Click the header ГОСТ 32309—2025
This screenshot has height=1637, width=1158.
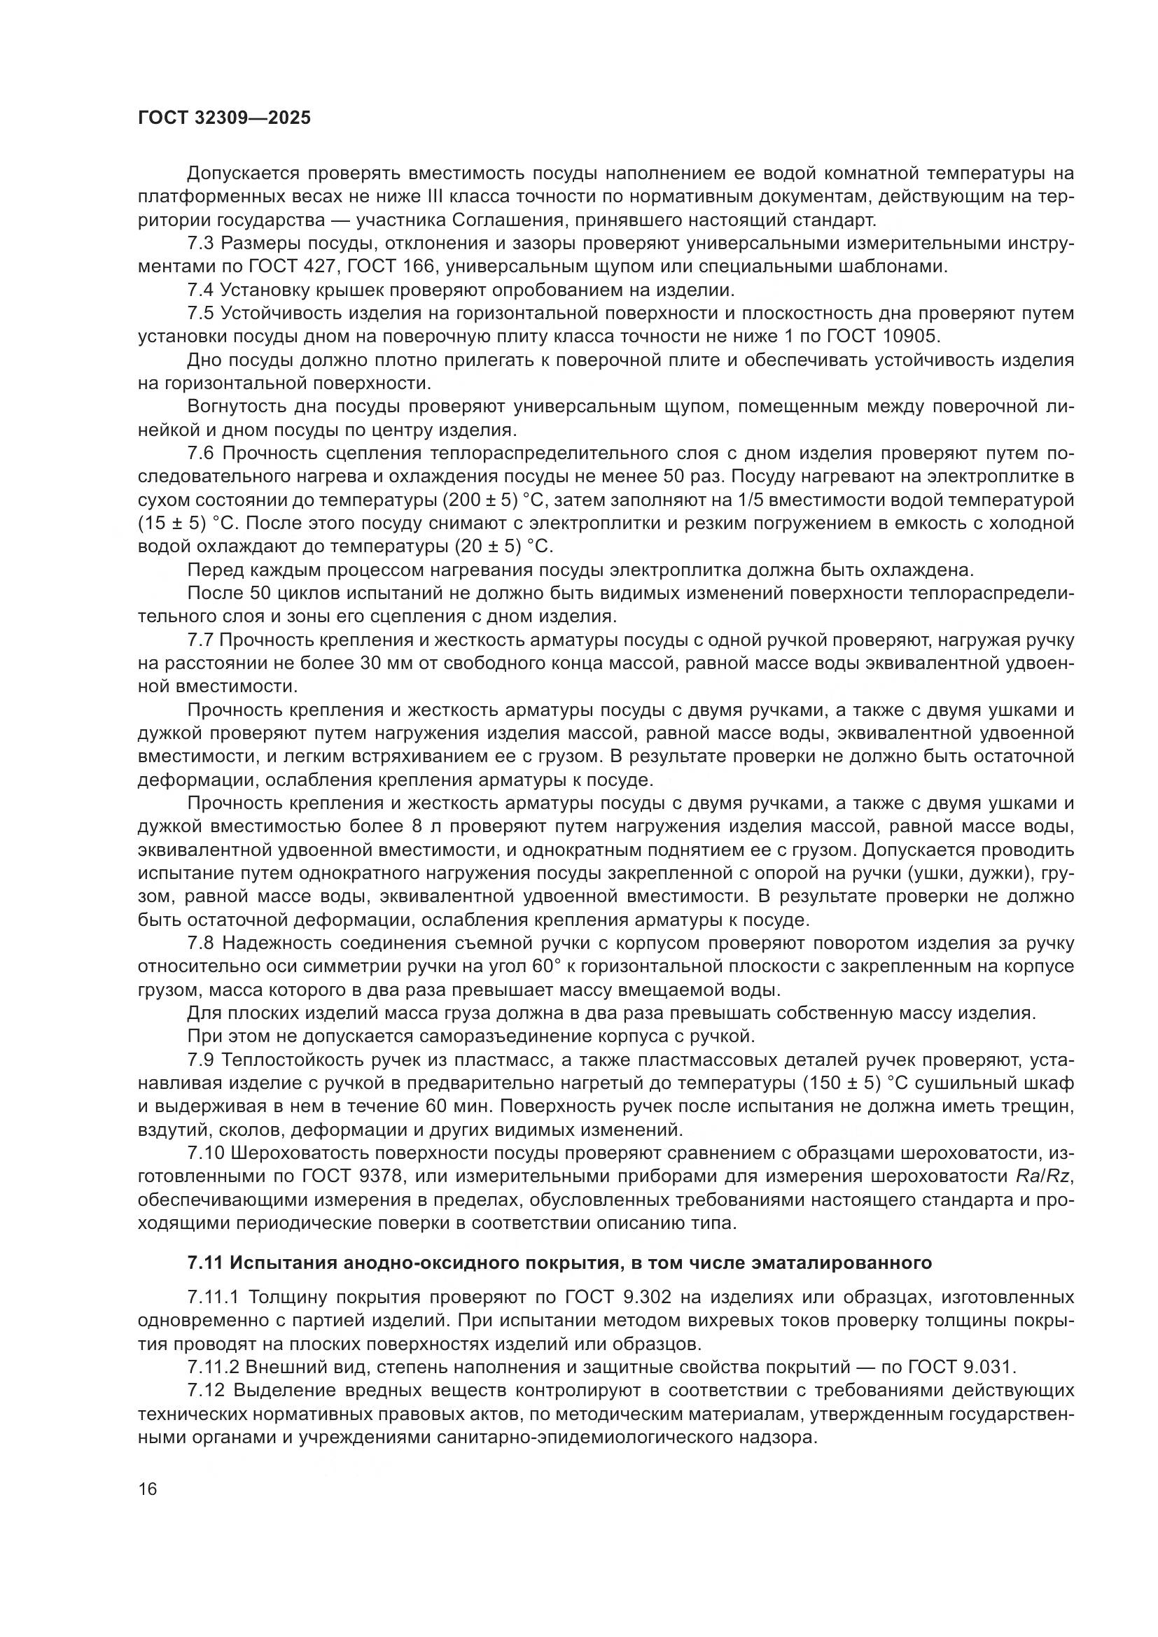pos(225,118)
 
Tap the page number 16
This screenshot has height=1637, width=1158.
pos(148,1489)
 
